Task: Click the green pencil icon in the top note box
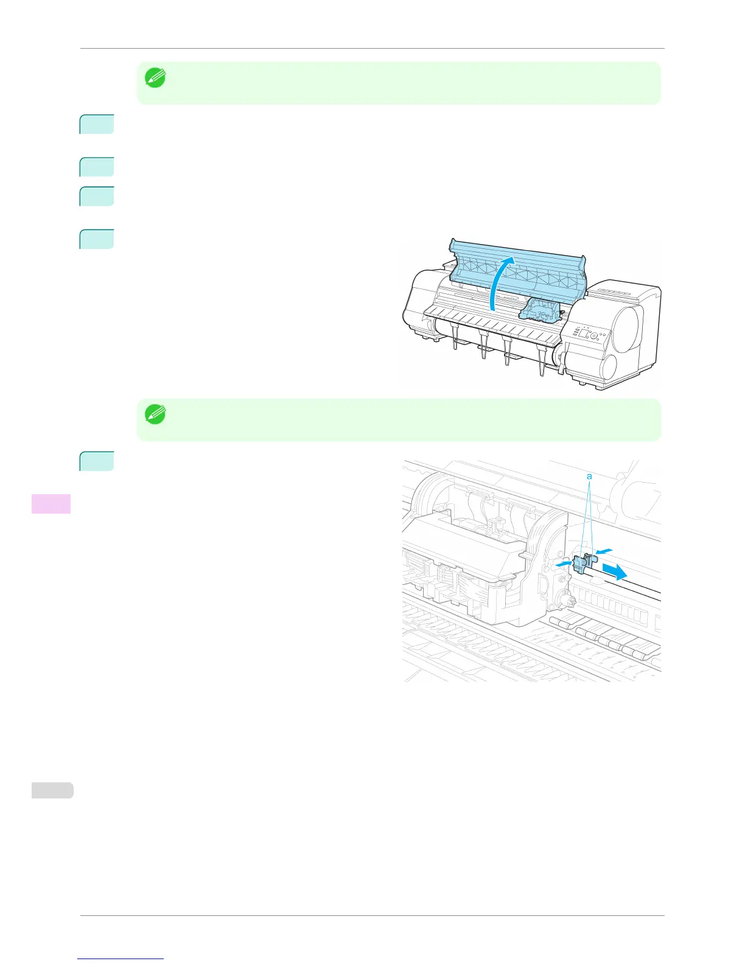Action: [155, 78]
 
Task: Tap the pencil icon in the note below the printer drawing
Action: [155, 415]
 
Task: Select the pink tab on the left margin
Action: [51, 503]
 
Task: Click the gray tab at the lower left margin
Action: [52, 790]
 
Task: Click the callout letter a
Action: [589, 477]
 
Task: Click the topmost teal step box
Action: [97, 124]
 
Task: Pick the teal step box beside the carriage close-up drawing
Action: [97, 461]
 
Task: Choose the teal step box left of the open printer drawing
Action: [97, 239]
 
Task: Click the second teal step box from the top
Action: [97, 167]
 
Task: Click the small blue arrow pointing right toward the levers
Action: [563, 564]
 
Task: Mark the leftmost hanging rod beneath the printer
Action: [455, 337]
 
